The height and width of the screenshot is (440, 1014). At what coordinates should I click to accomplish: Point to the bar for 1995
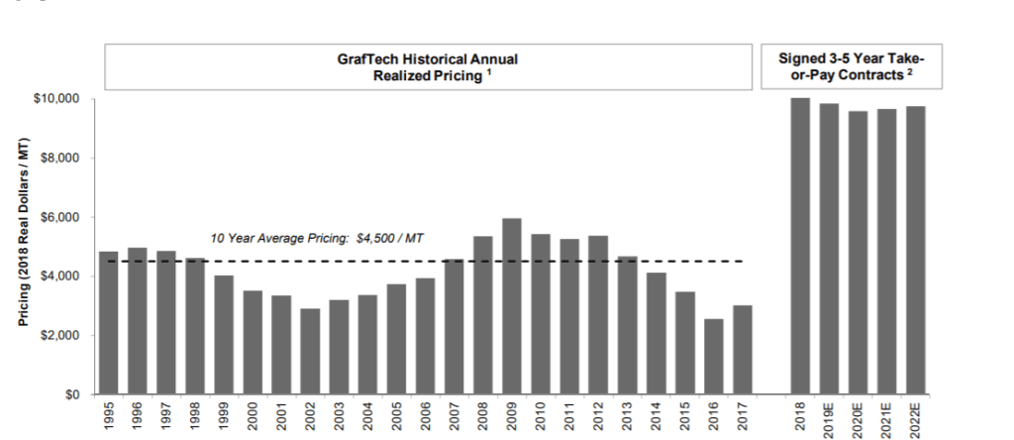[109, 323]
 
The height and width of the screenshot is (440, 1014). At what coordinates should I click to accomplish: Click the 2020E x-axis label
[858, 417]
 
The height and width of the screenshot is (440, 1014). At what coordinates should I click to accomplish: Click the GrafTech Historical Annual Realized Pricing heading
[428, 67]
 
